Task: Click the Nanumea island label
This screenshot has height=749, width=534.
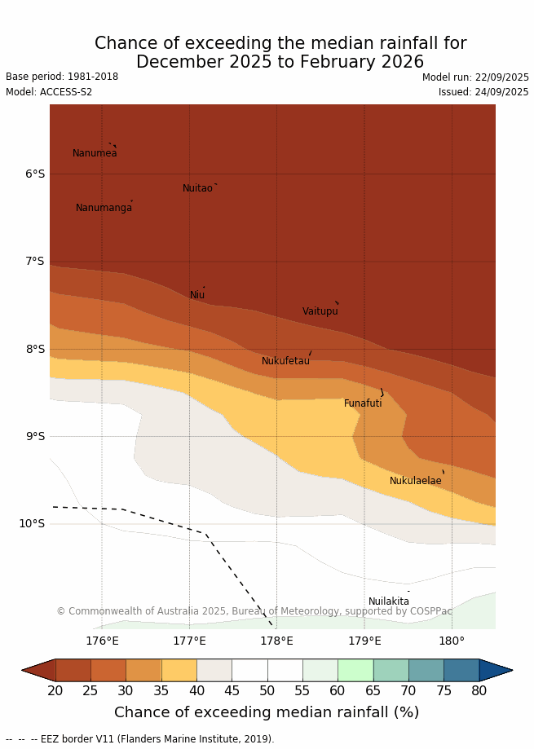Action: point(95,153)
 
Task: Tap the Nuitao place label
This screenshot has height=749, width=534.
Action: point(197,188)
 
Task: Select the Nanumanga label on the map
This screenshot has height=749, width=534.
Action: point(104,208)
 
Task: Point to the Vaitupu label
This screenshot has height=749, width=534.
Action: point(320,311)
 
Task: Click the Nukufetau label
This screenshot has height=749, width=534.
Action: point(285,361)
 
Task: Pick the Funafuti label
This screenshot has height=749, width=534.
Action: point(363,403)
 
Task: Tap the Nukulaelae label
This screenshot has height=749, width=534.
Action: point(415,481)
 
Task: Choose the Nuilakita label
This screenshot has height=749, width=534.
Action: point(389,601)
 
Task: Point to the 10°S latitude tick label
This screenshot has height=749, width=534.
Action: point(32,523)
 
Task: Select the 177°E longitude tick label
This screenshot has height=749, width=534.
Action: point(189,641)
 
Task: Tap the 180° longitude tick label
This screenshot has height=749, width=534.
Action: point(452,641)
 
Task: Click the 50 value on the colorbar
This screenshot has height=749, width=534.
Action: point(267,691)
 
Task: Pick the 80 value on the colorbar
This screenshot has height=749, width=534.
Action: point(479,691)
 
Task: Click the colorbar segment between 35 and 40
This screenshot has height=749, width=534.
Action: point(179,670)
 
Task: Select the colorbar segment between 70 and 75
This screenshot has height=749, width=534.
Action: point(426,670)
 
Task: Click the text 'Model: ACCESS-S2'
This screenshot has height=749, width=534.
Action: point(49,92)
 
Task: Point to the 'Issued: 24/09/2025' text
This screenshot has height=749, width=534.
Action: point(483,92)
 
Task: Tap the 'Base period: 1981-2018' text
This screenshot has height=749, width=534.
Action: point(62,77)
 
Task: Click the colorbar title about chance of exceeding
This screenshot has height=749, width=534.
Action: point(267,712)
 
